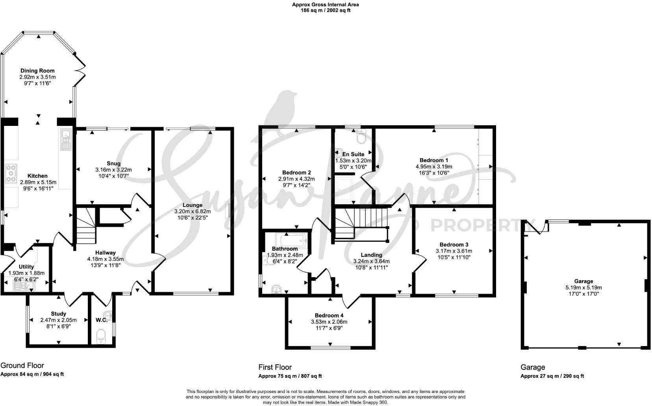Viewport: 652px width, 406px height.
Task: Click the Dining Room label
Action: click(x=37, y=71)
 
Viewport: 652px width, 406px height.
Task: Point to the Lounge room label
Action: click(x=193, y=205)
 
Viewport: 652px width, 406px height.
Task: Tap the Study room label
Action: click(x=58, y=314)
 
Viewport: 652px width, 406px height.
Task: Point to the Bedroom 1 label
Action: click(x=433, y=160)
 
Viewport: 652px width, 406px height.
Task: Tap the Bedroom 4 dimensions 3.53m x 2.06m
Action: click(x=329, y=321)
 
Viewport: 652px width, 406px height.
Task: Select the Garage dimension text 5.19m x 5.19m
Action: click(x=583, y=288)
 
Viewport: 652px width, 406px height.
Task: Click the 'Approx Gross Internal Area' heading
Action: click(x=325, y=5)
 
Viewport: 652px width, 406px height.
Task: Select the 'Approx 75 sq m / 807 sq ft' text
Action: click(x=290, y=376)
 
